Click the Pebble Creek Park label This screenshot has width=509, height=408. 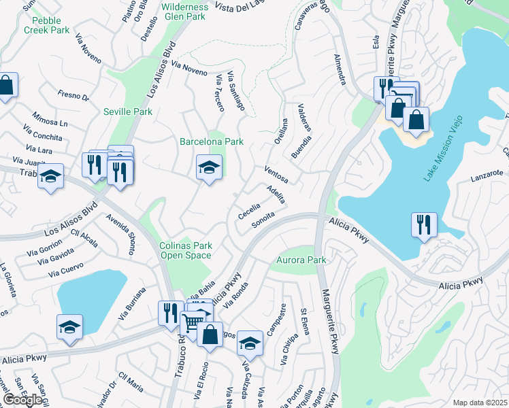tap(46, 25)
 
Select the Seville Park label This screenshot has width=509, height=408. tap(128, 111)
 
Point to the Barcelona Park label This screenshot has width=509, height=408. tap(211, 141)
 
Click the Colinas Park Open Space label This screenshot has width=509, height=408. tap(186, 250)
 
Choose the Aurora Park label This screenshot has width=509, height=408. tap(301, 260)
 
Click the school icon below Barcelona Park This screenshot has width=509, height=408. tap(210, 167)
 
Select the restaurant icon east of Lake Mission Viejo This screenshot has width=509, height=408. tap(425, 224)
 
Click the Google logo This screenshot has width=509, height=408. tap(22, 400)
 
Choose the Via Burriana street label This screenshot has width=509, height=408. tap(136, 305)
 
